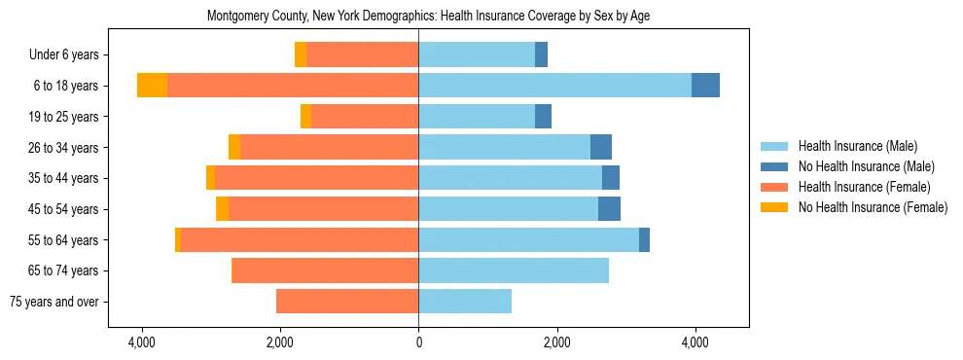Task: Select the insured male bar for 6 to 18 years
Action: click(x=554, y=86)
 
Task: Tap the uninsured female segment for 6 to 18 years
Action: click(x=152, y=86)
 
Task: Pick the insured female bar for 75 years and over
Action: click(x=347, y=302)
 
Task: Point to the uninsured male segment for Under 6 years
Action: click(x=542, y=54)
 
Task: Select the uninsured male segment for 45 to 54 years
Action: click(x=609, y=209)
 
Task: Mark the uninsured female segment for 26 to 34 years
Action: click(x=234, y=147)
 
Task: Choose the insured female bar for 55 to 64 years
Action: click(x=300, y=239)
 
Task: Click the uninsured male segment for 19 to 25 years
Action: click(x=543, y=117)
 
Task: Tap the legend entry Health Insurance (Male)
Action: click(x=857, y=147)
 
